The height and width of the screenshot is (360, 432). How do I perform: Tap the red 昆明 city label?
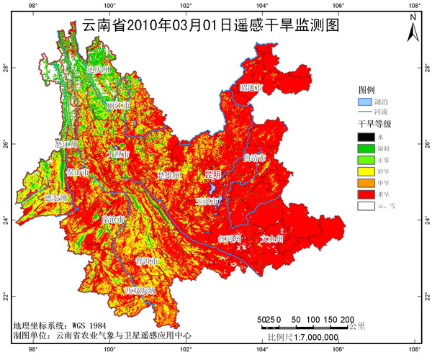(x=212, y=174)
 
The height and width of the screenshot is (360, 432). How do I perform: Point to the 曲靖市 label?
(x=255, y=156)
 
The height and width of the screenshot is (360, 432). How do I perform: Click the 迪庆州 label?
(x=97, y=70)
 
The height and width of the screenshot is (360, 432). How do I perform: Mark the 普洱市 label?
(x=147, y=261)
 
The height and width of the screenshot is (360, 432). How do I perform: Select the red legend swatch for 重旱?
(x=366, y=194)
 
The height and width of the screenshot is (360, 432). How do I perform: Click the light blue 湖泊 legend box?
(x=366, y=102)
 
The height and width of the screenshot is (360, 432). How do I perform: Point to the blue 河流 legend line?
(x=366, y=113)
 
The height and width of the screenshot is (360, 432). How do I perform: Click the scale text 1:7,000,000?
(x=313, y=337)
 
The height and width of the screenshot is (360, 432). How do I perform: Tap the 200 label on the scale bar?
(x=346, y=319)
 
